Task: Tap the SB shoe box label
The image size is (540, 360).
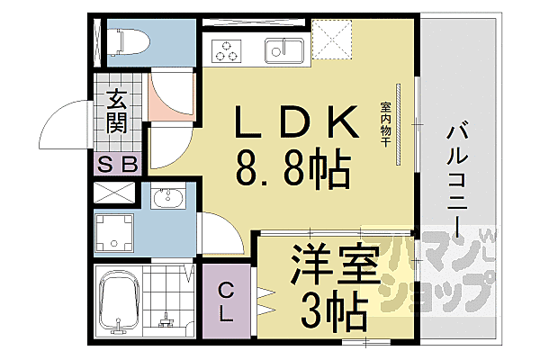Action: pyautogui.click(x=118, y=163)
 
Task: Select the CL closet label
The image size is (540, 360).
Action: pyautogui.click(x=226, y=302)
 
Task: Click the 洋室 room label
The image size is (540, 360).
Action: pyautogui.click(x=319, y=262)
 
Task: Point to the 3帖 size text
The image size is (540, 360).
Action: pyautogui.click(x=333, y=310)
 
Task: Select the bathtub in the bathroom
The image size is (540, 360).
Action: pyautogui.click(x=119, y=301)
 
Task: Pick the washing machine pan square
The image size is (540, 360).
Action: pyautogui.click(x=116, y=232)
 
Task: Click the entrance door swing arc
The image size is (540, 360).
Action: pyautogui.click(x=63, y=117)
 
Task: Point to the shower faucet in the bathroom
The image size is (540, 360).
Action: pyautogui.click(x=167, y=315)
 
